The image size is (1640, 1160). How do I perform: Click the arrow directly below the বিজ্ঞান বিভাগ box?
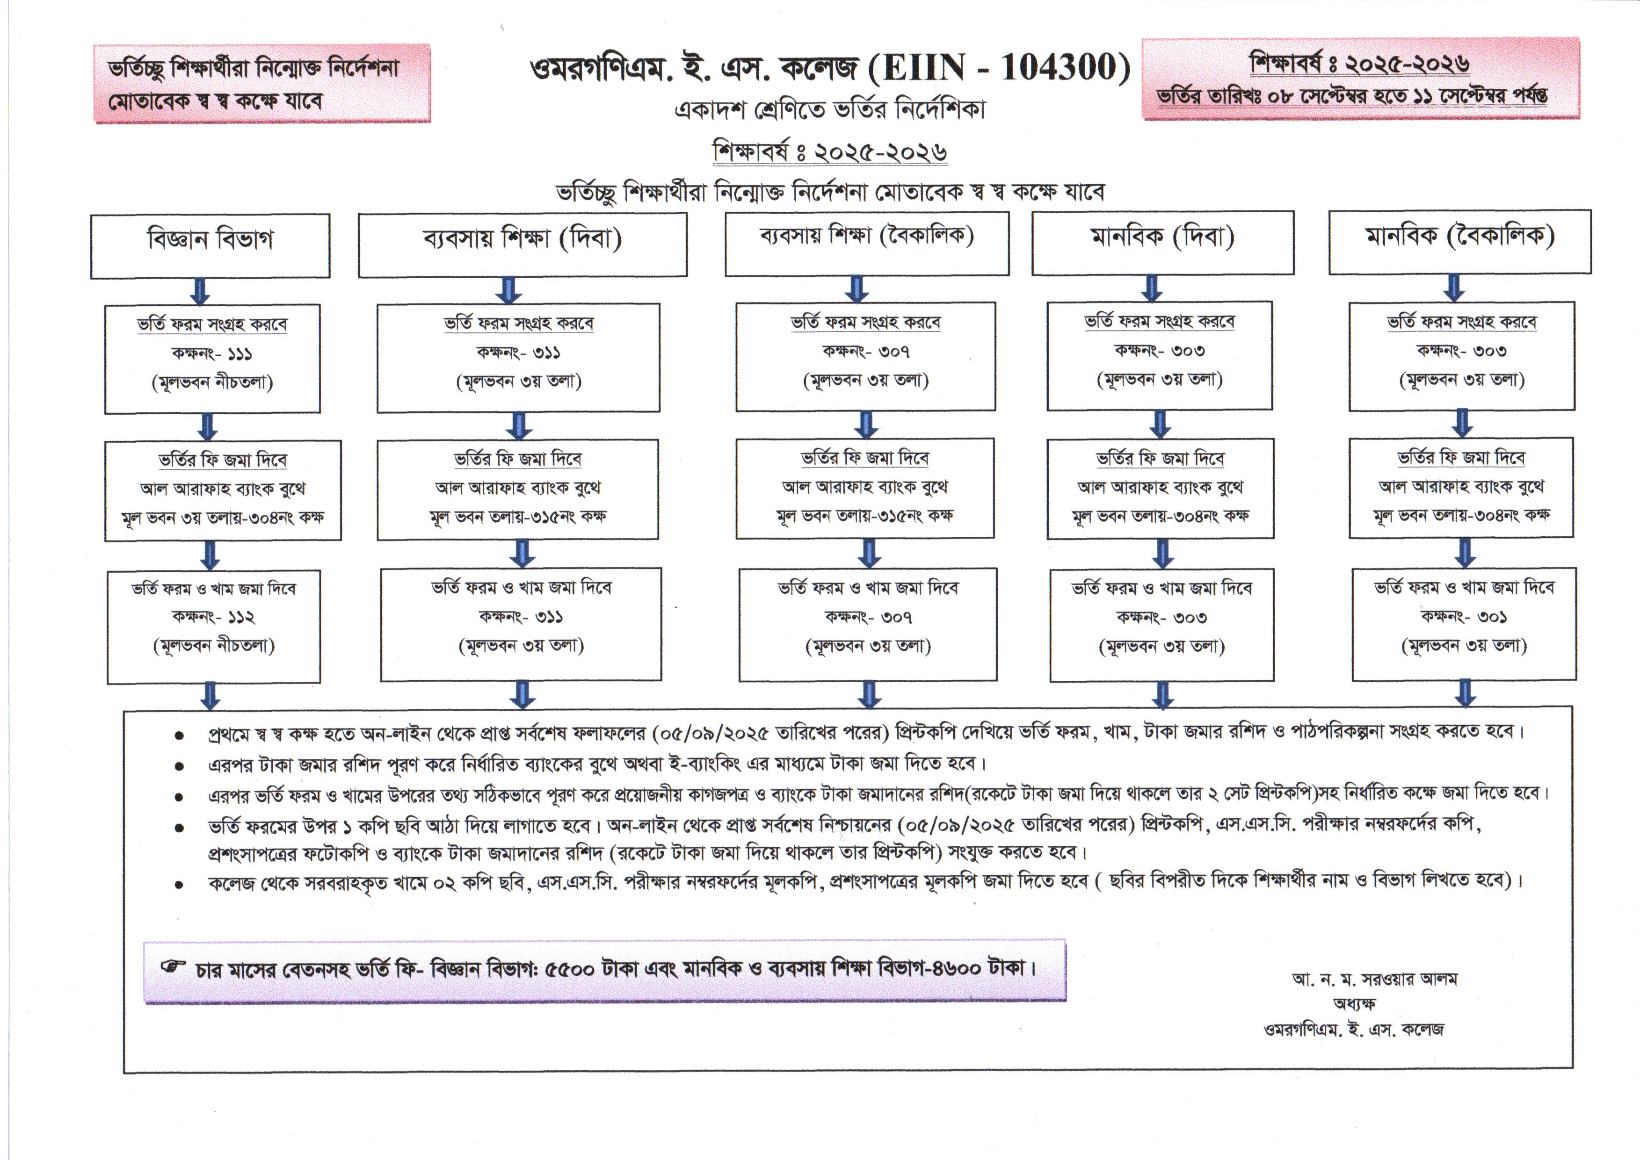click(201, 291)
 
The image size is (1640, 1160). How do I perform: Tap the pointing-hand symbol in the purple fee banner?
click(172, 968)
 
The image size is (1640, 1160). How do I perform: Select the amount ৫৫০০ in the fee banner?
click(570, 969)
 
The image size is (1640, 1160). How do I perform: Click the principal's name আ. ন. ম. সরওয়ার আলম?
click(1374, 979)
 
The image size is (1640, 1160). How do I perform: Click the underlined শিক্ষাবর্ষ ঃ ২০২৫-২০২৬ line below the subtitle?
click(830, 151)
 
